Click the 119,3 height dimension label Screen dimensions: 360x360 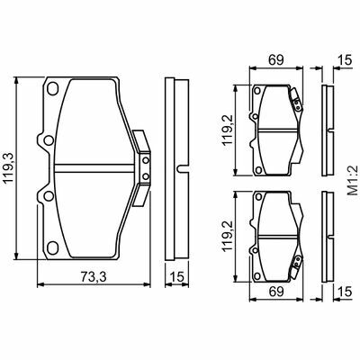8,168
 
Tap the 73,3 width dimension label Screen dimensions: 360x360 94,276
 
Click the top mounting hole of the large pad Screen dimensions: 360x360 52,88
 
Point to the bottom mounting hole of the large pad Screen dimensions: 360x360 52,247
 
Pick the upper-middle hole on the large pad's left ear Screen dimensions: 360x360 48,140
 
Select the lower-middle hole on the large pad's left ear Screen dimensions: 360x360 48,196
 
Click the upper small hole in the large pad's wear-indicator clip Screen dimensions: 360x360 146,160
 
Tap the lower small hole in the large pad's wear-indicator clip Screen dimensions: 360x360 146,176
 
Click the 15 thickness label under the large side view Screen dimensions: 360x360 177,276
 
